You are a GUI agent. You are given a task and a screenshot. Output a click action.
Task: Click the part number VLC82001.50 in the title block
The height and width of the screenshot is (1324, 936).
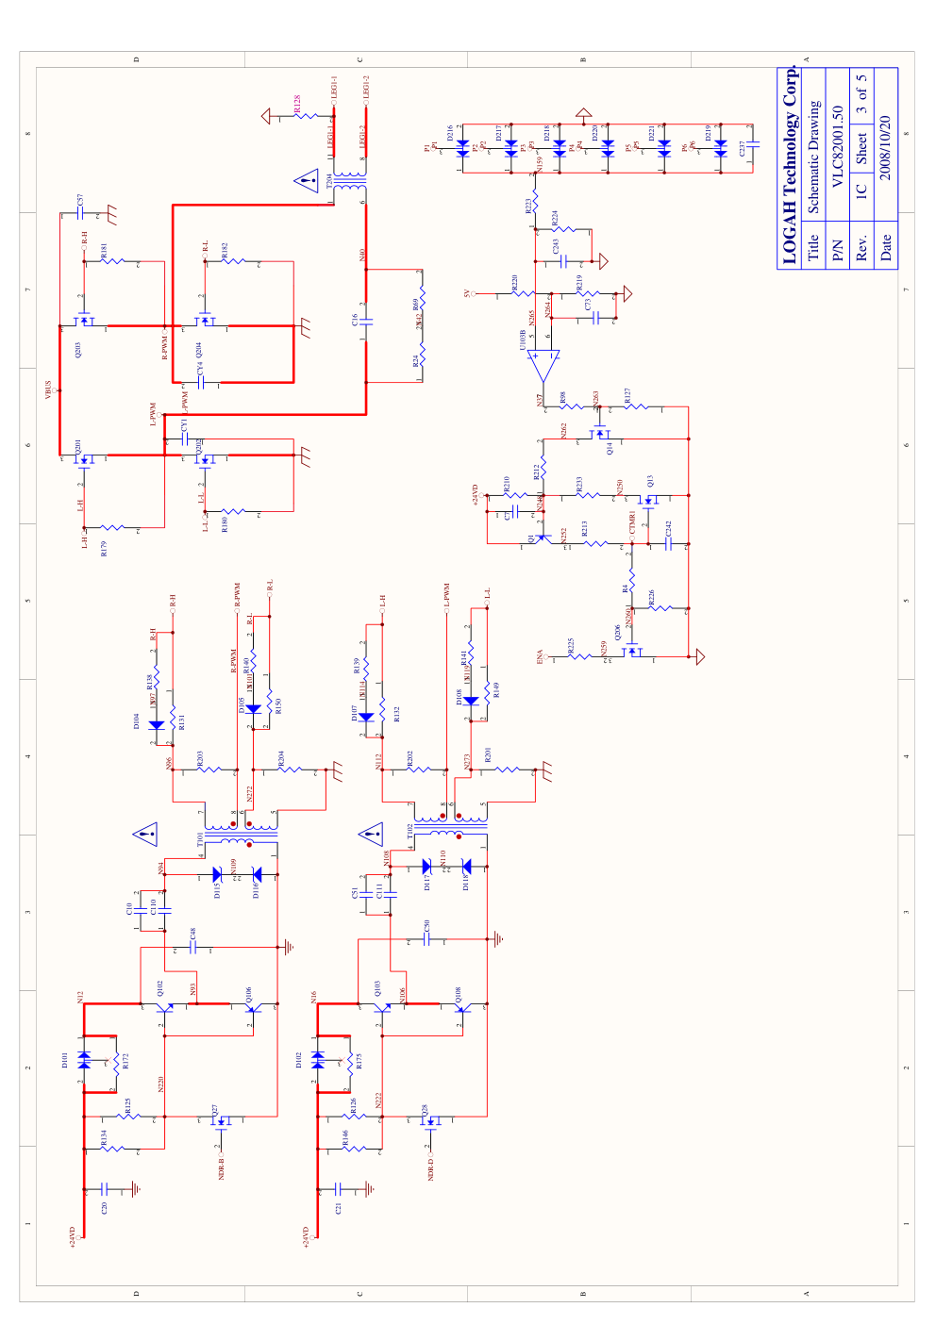coord(837,146)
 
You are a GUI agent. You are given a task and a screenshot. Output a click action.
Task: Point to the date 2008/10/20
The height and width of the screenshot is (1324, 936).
coord(885,148)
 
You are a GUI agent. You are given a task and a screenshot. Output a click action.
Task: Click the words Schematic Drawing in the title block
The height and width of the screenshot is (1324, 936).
coord(814,157)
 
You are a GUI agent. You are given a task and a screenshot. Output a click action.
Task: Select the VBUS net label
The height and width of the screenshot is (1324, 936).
coord(49,389)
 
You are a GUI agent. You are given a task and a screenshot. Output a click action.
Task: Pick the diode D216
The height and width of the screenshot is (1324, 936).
coord(462,147)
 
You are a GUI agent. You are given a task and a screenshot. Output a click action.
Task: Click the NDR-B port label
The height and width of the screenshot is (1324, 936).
coord(223,1168)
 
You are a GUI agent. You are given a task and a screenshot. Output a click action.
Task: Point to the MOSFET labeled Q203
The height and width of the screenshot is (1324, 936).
coord(83,321)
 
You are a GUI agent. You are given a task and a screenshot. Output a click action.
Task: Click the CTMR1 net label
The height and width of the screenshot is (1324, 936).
coord(632,524)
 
